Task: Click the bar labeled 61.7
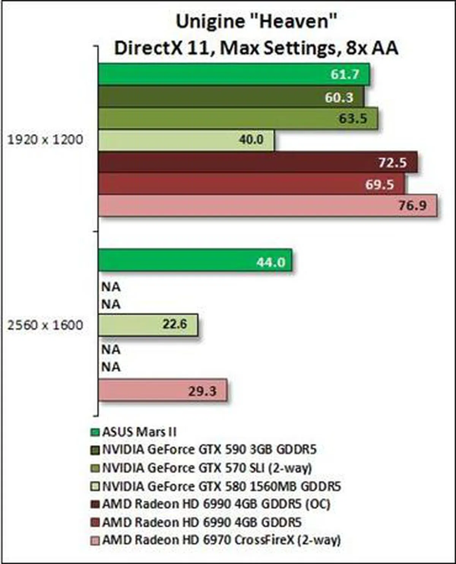(234, 74)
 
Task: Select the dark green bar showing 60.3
(231, 97)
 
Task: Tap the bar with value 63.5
(238, 118)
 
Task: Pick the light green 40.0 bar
(186, 140)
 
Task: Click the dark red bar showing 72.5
(258, 163)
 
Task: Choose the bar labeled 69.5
(251, 184)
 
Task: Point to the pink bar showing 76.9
(268, 206)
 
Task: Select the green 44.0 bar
(195, 261)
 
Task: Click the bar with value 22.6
(148, 325)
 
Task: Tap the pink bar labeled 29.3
(163, 390)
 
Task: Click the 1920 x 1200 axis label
(45, 140)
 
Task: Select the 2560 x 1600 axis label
(45, 325)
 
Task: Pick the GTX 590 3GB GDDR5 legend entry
(209, 449)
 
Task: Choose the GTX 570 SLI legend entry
(207, 467)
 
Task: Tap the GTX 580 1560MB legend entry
(222, 486)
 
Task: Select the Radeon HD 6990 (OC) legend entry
(216, 504)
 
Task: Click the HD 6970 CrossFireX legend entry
(221, 540)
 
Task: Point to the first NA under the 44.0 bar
(111, 287)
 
